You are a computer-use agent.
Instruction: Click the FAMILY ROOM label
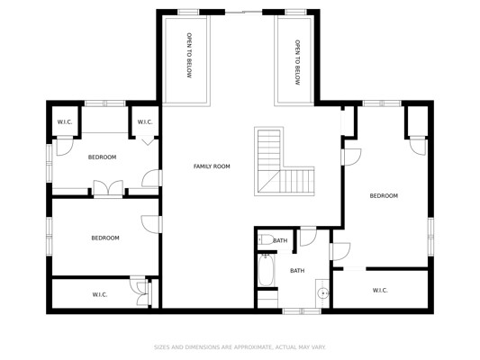click(212, 166)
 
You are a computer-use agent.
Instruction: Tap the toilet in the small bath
click(266, 239)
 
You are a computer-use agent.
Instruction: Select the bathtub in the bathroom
click(266, 270)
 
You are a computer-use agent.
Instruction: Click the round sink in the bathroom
click(322, 293)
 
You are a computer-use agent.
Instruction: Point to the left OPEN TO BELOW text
click(189, 56)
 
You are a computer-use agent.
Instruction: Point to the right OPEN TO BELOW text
click(297, 62)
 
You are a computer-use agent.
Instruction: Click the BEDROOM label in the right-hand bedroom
click(384, 196)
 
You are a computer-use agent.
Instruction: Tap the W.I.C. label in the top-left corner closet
click(65, 122)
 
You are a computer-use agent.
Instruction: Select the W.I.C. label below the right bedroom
click(380, 291)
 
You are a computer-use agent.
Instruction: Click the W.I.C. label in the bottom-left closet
click(100, 295)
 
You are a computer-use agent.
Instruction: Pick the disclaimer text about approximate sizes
click(240, 347)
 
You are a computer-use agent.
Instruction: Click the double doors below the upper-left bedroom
click(108, 188)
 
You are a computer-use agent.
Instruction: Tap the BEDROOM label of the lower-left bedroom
click(105, 238)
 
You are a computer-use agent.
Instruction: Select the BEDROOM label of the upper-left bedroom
click(103, 157)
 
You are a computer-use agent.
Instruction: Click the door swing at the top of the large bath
click(308, 236)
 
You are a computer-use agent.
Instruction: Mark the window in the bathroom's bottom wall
click(302, 311)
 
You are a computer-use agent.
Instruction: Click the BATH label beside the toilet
click(280, 240)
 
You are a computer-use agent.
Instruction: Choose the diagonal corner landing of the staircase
click(268, 182)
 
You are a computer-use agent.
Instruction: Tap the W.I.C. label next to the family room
click(145, 122)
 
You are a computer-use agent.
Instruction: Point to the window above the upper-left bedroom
click(105, 103)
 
